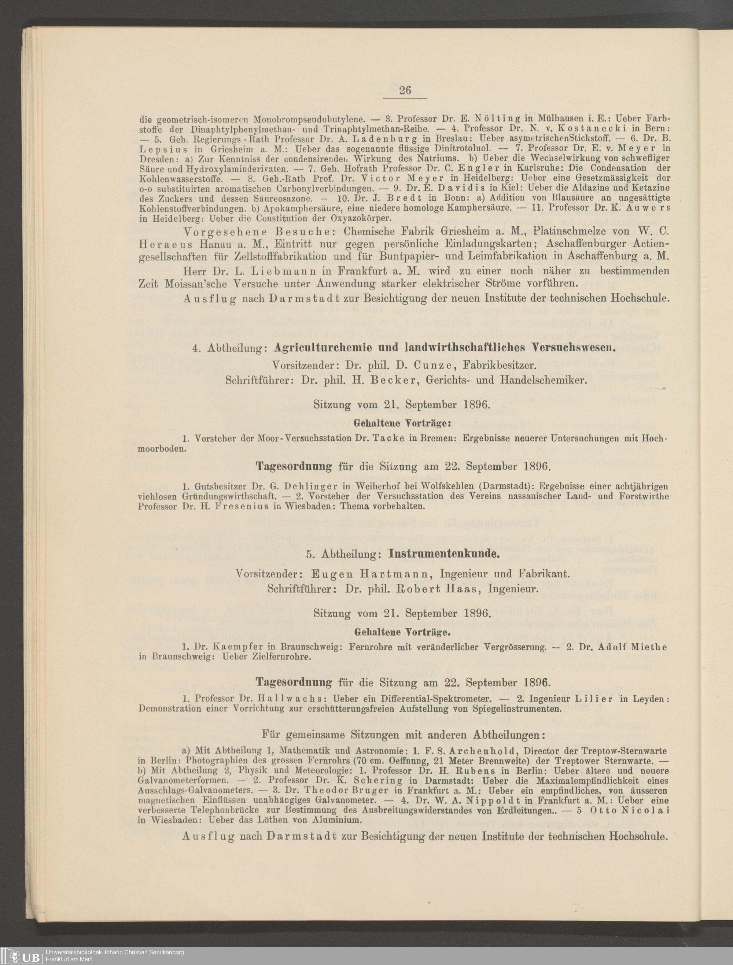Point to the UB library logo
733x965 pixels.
click(20, 955)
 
